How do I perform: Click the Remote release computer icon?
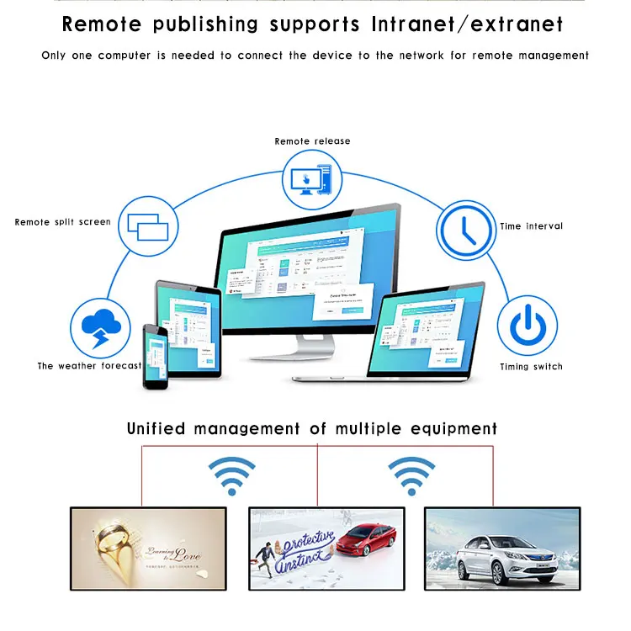tap(307, 179)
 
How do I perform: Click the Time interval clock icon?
tap(466, 228)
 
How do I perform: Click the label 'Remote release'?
tap(312, 141)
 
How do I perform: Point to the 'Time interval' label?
tap(531, 226)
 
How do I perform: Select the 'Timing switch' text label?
tap(531, 367)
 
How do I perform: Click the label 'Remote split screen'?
tap(62, 222)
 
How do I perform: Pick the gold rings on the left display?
tap(112, 542)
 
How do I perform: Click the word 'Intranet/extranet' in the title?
tap(466, 24)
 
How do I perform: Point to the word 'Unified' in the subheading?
tap(156, 429)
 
